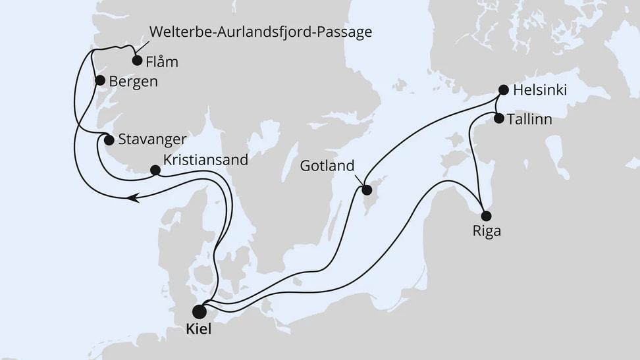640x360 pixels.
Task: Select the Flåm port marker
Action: (137, 61)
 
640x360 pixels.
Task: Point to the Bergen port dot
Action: (100, 80)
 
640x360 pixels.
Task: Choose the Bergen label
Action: (134, 82)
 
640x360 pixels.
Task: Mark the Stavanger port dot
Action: (109, 139)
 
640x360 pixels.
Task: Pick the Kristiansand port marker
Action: (155, 170)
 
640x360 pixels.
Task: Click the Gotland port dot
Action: (366, 191)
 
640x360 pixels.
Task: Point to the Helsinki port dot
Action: (504, 90)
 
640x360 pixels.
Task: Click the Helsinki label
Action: (542, 90)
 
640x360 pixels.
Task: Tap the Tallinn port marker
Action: (499, 119)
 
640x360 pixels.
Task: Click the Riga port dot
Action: (486, 215)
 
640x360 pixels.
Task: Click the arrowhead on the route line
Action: (134, 195)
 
